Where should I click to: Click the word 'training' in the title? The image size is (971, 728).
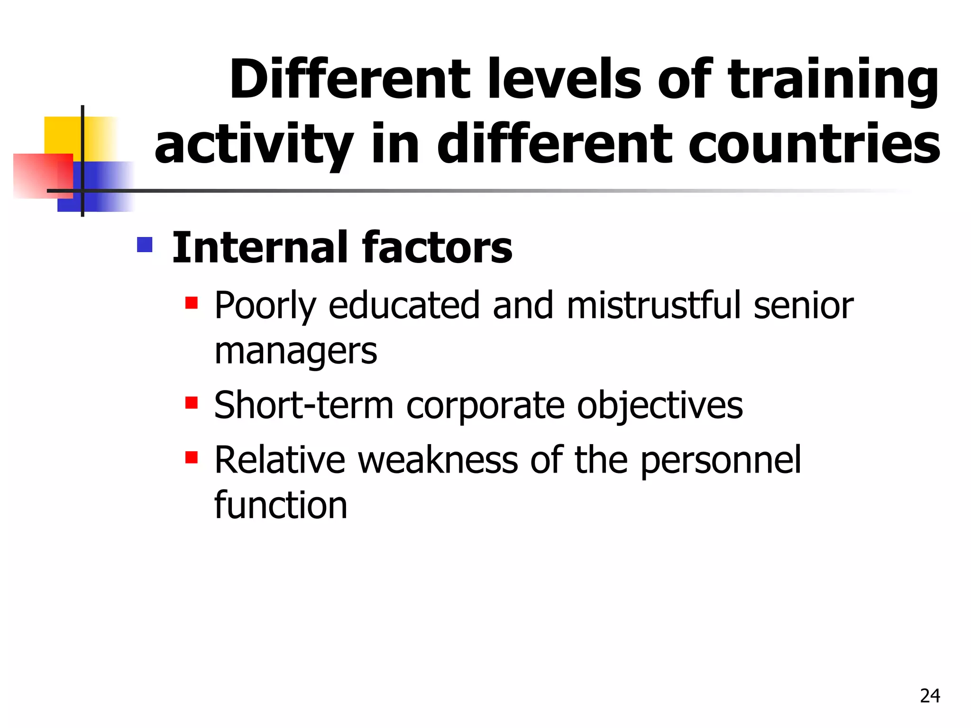pyautogui.click(x=833, y=81)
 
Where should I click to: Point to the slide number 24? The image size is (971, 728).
pyautogui.click(x=930, y=696)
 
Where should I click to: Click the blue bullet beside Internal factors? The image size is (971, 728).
pyautogui.click(x=145, y=245)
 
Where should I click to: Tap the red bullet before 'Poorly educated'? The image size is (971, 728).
pyautogui.click(x=192, y=303)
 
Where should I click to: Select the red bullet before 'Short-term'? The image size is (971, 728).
pyautogui.click(x=192, y=403)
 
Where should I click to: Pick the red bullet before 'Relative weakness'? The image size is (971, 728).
pyautogui.click(x=192, y=457)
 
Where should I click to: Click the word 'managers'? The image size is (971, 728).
pyautogui.click(x=296, y=352)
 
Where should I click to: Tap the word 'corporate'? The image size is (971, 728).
pyautogui.click(x=485, y=406)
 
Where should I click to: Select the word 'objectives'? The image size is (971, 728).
pyautogui.click(x=660, y=406)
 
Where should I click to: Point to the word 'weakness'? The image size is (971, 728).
pyautogui.click(x=438, y=460)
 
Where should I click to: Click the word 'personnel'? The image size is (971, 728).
pyautogui.click(x=721, y=460)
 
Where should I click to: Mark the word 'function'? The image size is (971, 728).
pyautogui.click(x=281, y=505)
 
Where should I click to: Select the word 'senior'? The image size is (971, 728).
pyautogui.click(x=803, y=305)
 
